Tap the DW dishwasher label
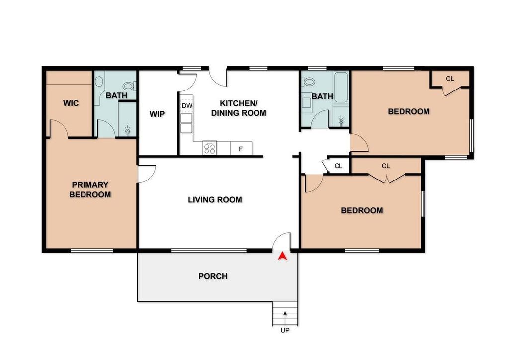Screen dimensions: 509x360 point(187,106)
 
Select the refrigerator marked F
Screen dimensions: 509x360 point(241,148)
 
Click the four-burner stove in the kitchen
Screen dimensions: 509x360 point(210,148)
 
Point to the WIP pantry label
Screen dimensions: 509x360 point(157,114)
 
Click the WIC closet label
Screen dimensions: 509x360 point(71,103)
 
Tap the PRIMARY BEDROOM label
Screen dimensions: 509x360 point(90,190)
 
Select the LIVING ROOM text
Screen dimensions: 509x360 point(215,199)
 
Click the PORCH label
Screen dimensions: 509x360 point(213,276)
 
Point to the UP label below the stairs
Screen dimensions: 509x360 point(285,330)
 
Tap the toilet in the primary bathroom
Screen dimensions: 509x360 point(130,86)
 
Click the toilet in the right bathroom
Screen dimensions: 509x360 point(308,81)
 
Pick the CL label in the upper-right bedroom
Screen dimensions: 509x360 point(450,79)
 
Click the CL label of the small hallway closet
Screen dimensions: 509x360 point(339,166)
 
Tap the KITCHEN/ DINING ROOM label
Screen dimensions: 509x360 point(239,108)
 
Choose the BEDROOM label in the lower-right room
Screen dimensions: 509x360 point(362,210)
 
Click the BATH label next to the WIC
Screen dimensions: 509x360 point(116,96)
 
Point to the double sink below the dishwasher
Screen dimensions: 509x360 point(186,123)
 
